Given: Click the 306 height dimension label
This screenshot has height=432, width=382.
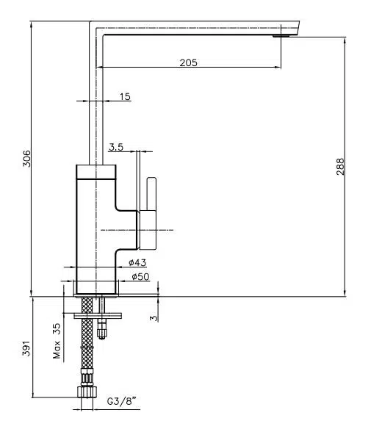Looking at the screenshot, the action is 26,159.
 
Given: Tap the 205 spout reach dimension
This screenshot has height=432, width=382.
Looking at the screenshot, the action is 189,63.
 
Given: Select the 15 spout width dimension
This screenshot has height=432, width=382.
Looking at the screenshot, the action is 125,97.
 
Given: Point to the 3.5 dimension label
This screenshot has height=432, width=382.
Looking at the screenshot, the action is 116,147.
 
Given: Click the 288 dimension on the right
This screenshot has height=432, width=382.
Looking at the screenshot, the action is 340,166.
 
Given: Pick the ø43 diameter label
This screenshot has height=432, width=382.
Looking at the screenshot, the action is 137,262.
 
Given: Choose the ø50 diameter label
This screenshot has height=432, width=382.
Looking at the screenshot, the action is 140,276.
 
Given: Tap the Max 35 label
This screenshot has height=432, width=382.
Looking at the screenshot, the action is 57,341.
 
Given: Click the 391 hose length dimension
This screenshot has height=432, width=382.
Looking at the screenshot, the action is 26,348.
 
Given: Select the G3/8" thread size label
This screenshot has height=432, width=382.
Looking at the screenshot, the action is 122,401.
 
